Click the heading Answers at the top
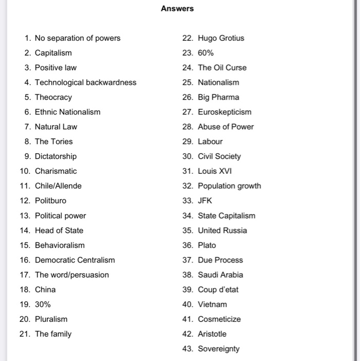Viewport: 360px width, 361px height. coord(177,8)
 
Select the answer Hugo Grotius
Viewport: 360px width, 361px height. coord(221,38)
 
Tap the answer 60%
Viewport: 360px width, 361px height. coord(206,53)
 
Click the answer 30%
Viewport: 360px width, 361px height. coord(43,304)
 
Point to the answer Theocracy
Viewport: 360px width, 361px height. coord(54,97)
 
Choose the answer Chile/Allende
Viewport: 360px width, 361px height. coord(58,186)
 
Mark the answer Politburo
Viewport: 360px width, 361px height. coord(50,201)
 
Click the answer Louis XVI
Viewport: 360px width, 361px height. coord(215,171)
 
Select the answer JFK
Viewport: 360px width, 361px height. coord(205,201)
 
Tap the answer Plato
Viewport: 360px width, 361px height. coord(207,245)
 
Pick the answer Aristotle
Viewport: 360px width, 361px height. coord(212,334)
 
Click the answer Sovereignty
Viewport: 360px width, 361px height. coord(219,349)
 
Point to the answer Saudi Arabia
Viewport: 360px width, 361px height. coord(220,275)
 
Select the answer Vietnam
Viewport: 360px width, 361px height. coord(212,304)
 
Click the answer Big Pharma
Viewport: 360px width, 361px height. coord(218,97)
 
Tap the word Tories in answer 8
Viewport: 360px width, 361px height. coord(61,141)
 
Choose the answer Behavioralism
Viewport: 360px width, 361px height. coord(60,245)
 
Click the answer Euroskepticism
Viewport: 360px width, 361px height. coord(225,112)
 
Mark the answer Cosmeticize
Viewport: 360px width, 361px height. coord(219,319)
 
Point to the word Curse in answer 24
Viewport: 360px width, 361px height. coord(236,68)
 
